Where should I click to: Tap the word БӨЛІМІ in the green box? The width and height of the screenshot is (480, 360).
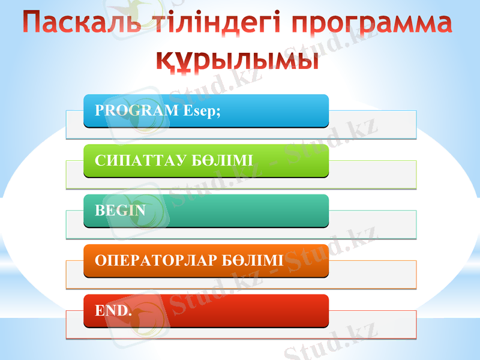[221, 161]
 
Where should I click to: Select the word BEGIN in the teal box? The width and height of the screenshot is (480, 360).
[120, 211]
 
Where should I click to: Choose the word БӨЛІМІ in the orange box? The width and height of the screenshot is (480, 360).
[253, 260]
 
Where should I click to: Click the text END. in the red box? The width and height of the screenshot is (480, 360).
[113, 311]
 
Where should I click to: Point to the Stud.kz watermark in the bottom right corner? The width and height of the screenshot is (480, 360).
[331, 341]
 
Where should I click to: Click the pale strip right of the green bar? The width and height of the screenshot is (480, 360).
[372, 175]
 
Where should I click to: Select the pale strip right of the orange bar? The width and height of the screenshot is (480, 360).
[372, 274]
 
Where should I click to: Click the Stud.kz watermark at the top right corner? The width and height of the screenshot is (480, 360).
[336, 45]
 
